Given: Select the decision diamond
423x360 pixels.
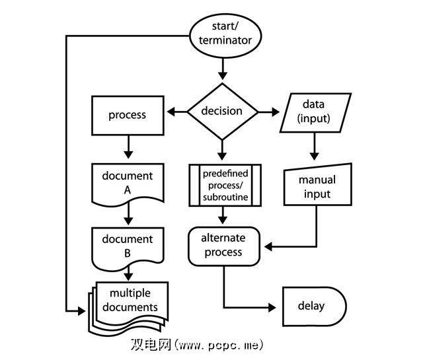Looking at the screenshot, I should (221, 111).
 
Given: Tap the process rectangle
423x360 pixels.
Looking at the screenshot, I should (127, 115).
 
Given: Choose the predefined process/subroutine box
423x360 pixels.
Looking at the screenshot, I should (225, 186).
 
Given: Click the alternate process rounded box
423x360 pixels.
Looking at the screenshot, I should (222, 246).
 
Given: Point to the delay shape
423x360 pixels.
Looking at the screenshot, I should (314, 306).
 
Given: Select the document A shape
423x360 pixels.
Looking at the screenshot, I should (127, 183).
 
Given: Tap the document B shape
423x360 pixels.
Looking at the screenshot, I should (127, 246).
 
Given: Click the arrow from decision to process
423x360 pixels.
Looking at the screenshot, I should (175, 112).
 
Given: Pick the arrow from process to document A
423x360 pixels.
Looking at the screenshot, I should (127, 145).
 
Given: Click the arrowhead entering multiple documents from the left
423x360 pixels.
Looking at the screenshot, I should (83, 309).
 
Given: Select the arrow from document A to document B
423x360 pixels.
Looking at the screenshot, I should (127, 215).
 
